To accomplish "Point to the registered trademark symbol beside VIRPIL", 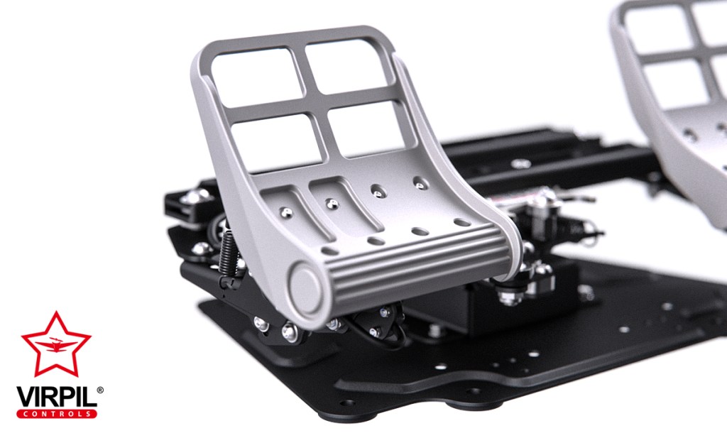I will [x=100, y=390].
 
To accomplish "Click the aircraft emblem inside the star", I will [x=56, y=346].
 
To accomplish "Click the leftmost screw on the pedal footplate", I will [x=285, y=212].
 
